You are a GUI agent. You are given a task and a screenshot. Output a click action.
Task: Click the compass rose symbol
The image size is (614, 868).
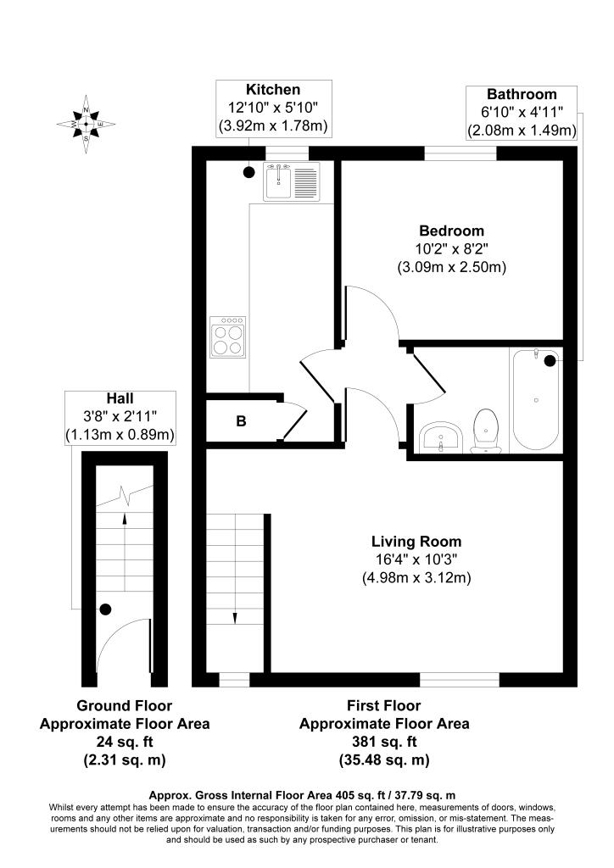pyautogui.click(x=86, y=125)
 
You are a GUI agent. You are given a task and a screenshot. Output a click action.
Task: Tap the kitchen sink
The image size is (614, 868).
pyautogui.click(x=290, y=181)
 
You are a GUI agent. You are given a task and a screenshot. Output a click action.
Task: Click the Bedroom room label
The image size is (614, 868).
pyautogui.click(x=451, y=231)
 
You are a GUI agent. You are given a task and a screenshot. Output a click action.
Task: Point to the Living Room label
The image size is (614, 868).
pyautogui.click(x=416, y=541)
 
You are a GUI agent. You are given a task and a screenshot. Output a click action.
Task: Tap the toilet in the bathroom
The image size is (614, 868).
pyautogui.click(x=486, y=427)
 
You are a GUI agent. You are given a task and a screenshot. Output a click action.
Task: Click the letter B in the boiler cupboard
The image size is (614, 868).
pyautogui.click(x=241, y=420)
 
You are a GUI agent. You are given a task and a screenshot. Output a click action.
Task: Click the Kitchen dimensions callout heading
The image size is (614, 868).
pyautogui.click(x=273, y=89)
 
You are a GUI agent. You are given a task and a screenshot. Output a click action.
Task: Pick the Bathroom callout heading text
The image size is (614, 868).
pyautogui.click(x=522, y=94)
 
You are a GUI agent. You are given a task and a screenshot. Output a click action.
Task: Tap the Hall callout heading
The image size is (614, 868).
pyautogui.click(x=120, y=398)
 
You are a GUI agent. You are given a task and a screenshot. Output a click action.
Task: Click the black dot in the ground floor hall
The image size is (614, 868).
pyautogui.click(x=105, y=609)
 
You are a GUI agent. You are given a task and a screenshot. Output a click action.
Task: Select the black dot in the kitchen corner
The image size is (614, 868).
pyautogui.click(x=248, y=172)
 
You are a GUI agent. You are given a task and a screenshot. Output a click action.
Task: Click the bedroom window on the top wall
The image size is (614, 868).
pyautogui.click(x=460, y=153)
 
